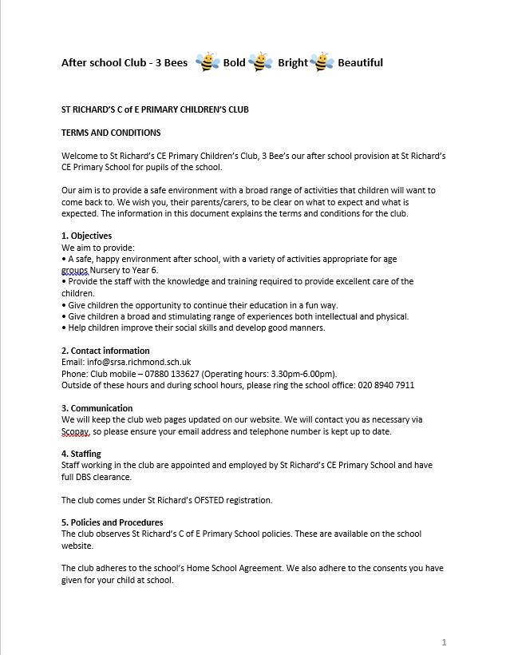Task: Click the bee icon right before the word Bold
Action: click(208, 62)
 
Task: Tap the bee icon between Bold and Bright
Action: click(261, 62)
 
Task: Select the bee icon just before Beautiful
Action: click(322, 62)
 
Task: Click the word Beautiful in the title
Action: click(360, 62)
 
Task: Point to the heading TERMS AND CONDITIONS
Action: click(111, 133)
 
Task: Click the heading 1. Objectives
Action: click(87, 236)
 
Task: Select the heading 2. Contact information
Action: click(105, 351)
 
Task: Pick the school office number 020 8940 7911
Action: click(385, 385)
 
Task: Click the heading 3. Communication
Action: click(97, 408)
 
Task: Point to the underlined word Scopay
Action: click(75, 431)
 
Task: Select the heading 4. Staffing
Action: click(81, 454)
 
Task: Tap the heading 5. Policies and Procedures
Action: click(113, 522)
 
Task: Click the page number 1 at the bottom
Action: click(444, 641)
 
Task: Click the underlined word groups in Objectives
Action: click(75, 270)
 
